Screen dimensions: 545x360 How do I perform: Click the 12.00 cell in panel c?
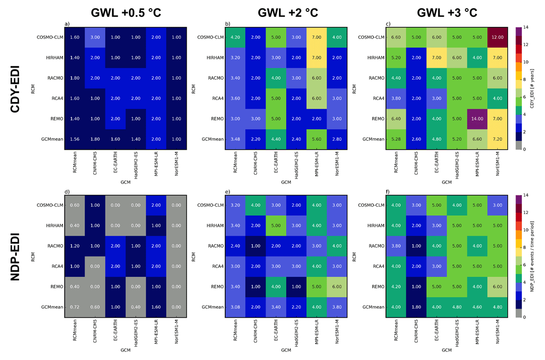[497, 37]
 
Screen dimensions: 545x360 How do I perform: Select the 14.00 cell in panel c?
[477, 119]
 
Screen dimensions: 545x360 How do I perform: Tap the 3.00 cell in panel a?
[95, 37]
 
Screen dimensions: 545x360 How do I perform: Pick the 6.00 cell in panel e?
[337, 287]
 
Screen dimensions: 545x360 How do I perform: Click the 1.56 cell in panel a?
[74, 140]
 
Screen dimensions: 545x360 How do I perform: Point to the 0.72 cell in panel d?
[74, 307]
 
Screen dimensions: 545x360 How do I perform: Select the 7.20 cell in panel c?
[497, 140]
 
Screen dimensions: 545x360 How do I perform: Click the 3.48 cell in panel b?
[235, 140]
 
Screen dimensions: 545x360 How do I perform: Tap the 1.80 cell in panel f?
[416, 307]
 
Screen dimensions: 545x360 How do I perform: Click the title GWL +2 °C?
[288, 13]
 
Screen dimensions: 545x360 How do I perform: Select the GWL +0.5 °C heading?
[126, 13]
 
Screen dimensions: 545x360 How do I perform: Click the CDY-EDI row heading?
[15, 89]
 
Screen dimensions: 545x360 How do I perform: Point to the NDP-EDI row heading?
[15, 257]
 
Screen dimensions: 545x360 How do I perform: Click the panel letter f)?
[387, 192]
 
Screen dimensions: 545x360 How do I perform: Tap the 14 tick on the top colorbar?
[526, 27]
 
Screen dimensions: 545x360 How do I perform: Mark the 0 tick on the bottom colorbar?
[525, 317]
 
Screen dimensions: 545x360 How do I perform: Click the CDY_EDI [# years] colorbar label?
[532, 89]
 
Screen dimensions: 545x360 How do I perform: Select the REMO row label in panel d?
[57, 287]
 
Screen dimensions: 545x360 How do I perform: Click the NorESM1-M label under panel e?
[337, 331]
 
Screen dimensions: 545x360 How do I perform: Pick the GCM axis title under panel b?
[286, 182]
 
